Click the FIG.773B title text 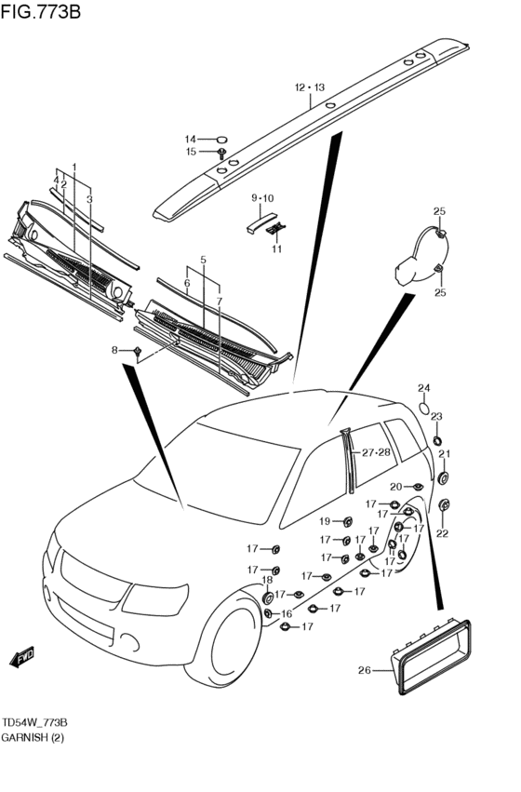pyautogui.click(x=40, y=11)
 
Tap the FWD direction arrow pyautogui.click(x=22, y=657)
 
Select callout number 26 pyautogui.click(x=365, y=670)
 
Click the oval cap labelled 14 pyautogui.click(x=221, y=139)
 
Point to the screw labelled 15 pyautogui.click(x=221, y=153)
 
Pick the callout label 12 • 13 pyautogui.click(x=310, y=87)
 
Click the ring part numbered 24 pyautogui.click(x=425, y=407)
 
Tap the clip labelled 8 pyautogui.click(x=138, y=351)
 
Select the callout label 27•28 pyautogui.click(x=376, y=452)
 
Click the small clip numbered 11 pyautogui.click(x=276, y=228)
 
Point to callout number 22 pyautogui.click(x=442, y=533)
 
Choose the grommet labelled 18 pyautogui.click(x=268, y=598)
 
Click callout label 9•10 pyautogui.click(x=262, y=198)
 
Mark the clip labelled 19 pyautogui.click(x=347, y=522)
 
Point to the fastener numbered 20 pyautogui.click(x=418, y=487)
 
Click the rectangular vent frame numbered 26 pyautogui.click(x=431, y=656)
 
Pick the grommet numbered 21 pyautogui.click(x=443, y=477)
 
